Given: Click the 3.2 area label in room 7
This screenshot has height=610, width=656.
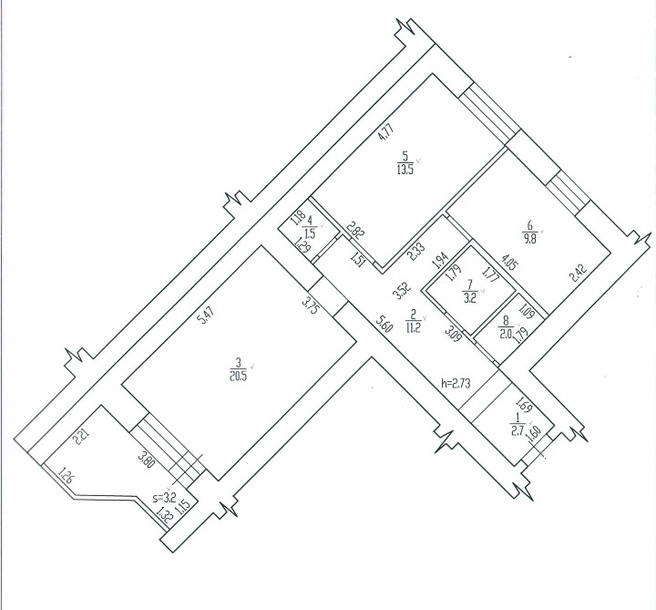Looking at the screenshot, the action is pyautogui.click(x=469, y=295).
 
